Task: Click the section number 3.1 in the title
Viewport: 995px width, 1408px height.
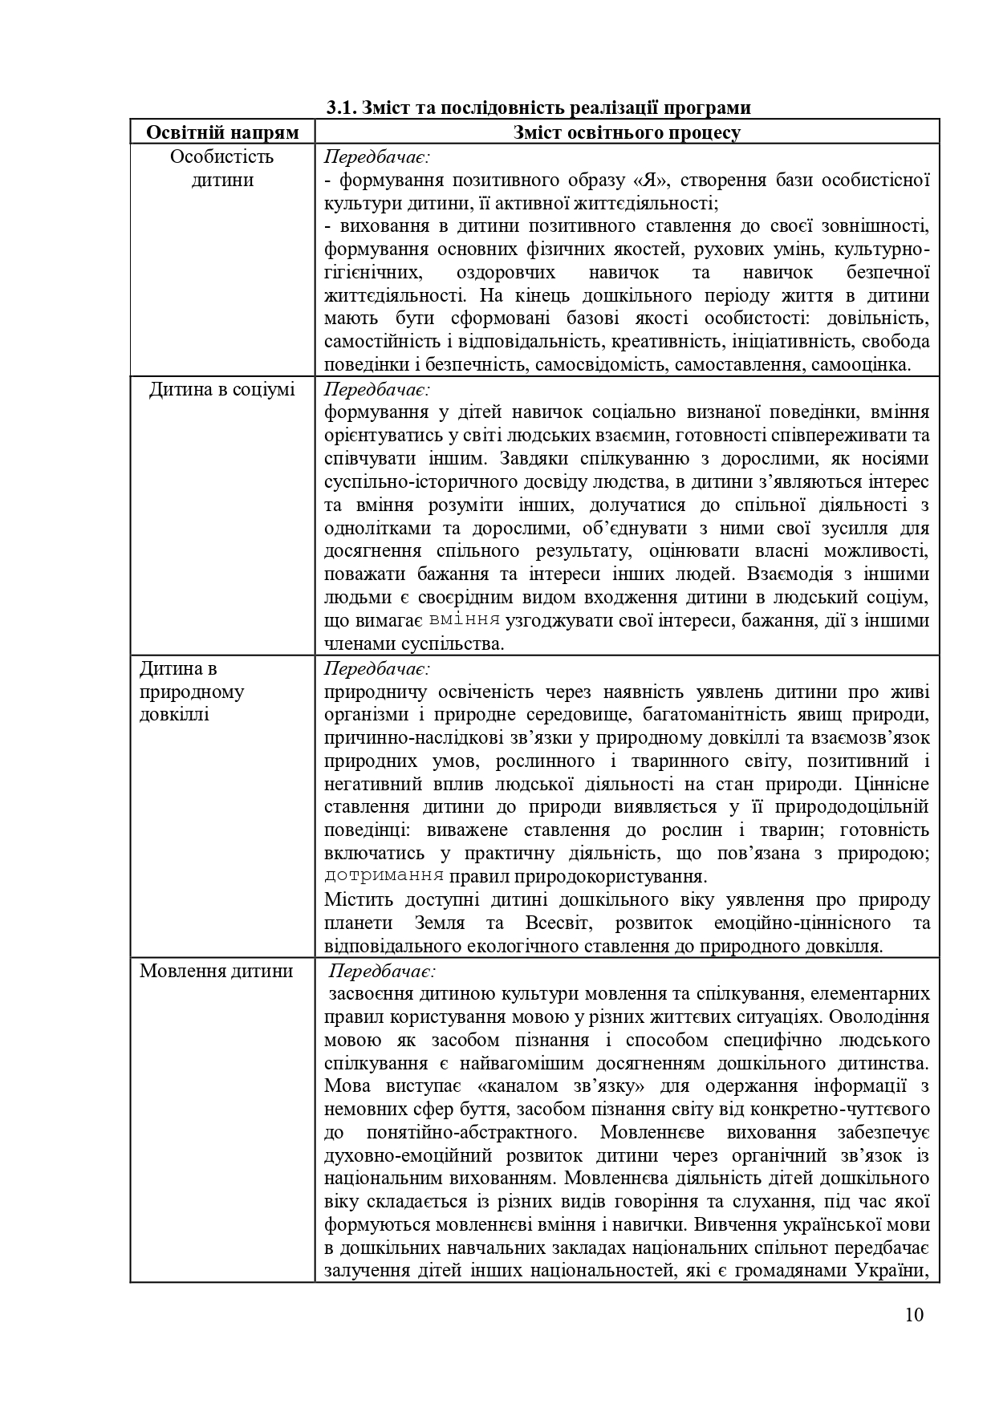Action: (x=342, y=108)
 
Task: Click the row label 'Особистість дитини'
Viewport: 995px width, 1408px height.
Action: (x=222, y=168)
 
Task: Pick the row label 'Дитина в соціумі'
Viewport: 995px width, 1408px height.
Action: (x=222, y=390)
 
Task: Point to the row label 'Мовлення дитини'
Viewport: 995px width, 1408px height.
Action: (x=217, y=971)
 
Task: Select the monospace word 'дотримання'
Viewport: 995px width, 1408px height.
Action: (x=384, y=875)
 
